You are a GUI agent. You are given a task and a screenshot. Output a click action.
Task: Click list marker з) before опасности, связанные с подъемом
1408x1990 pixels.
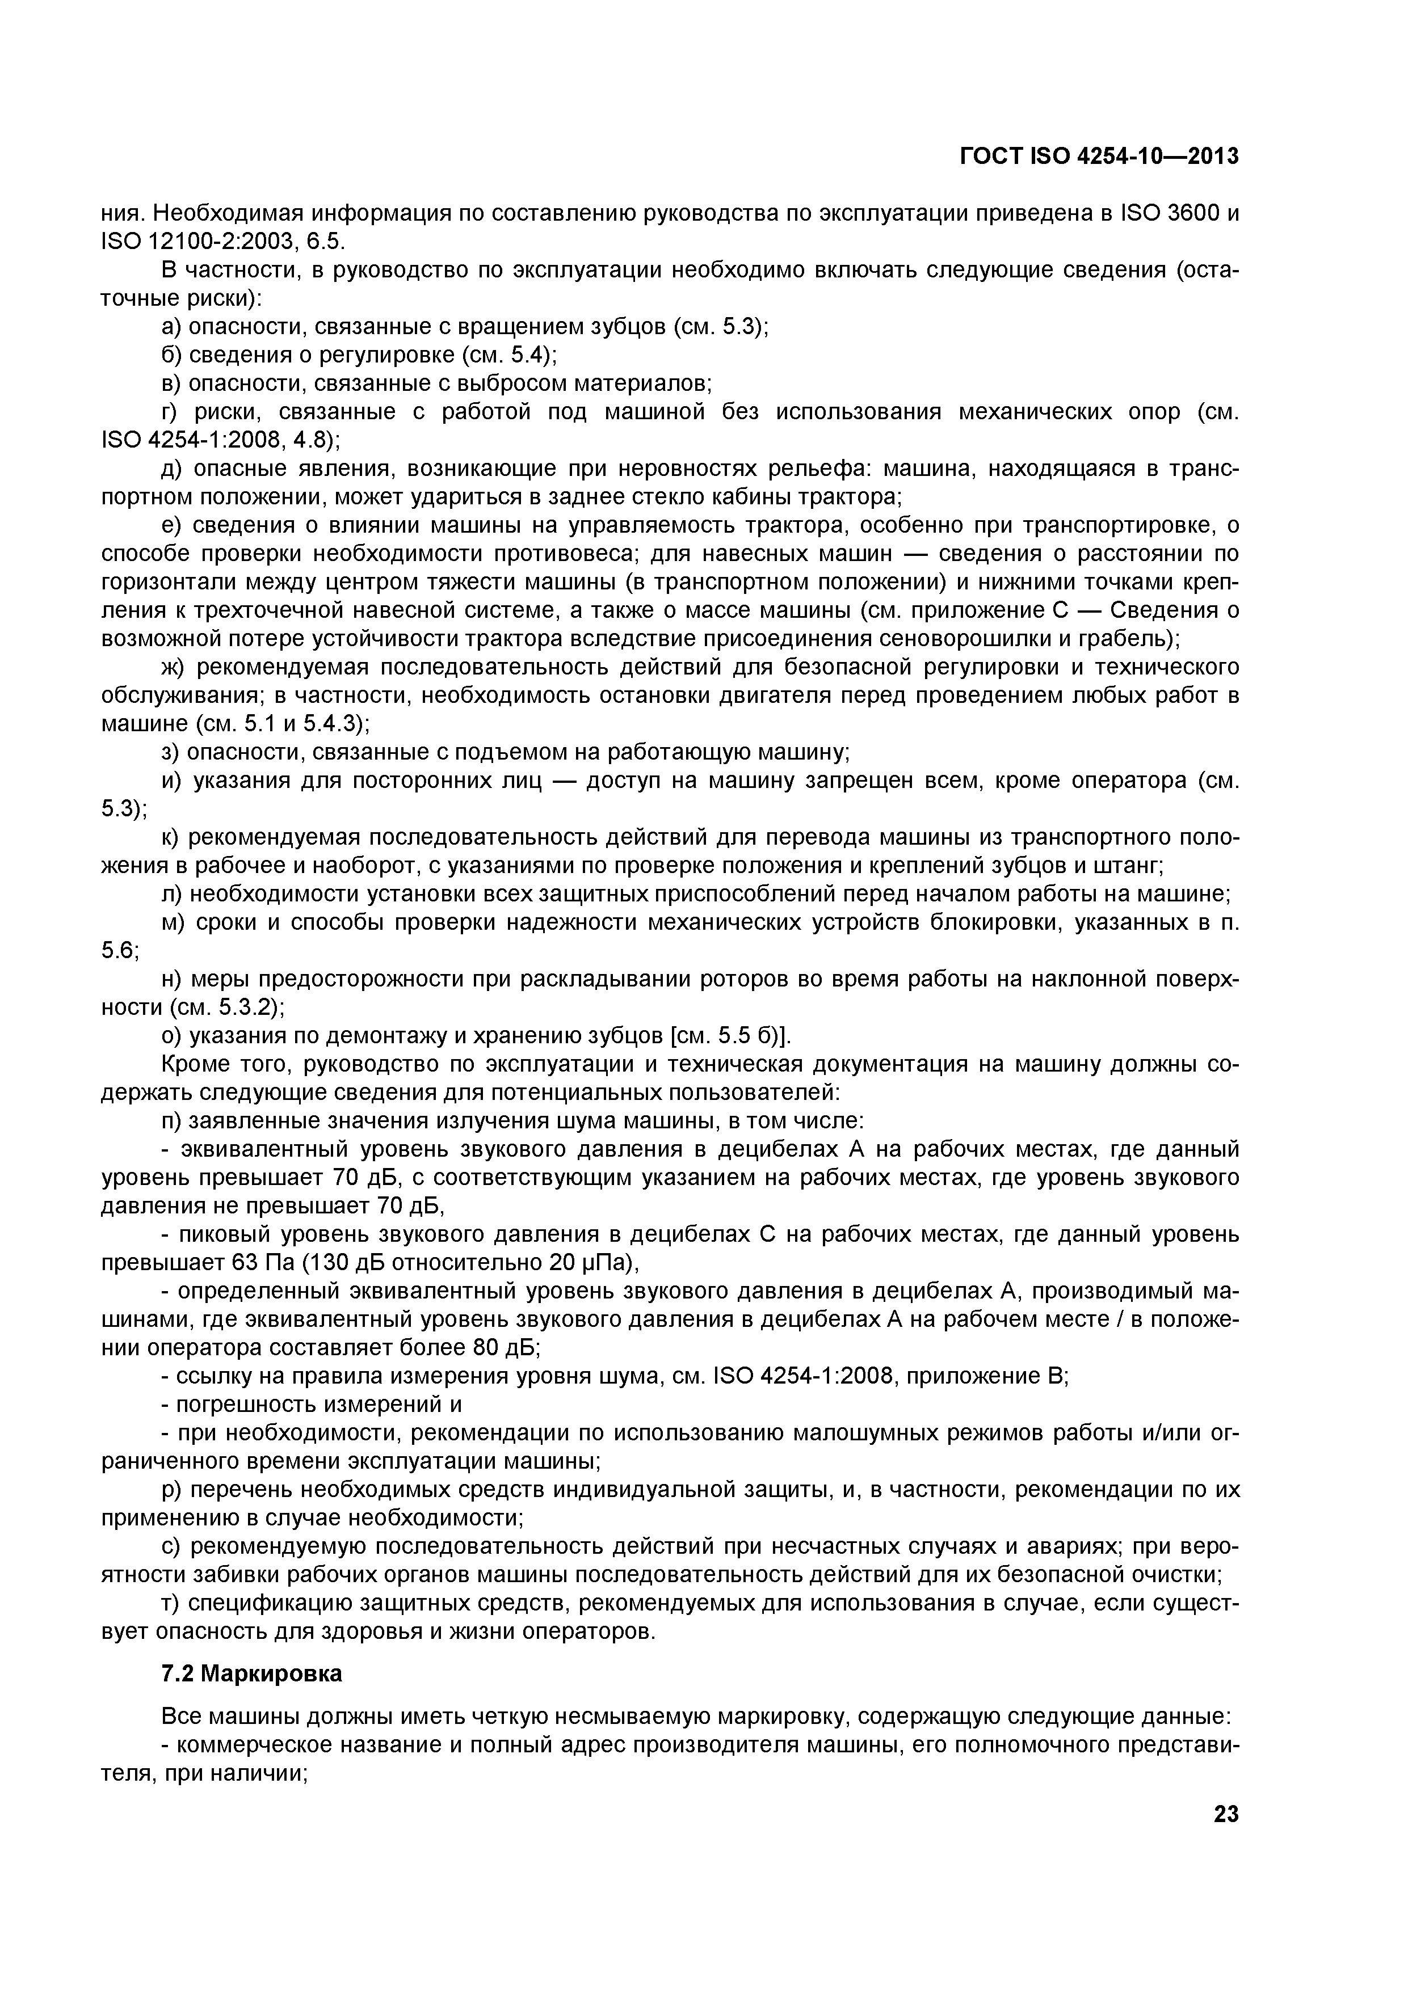coord(170,752)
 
